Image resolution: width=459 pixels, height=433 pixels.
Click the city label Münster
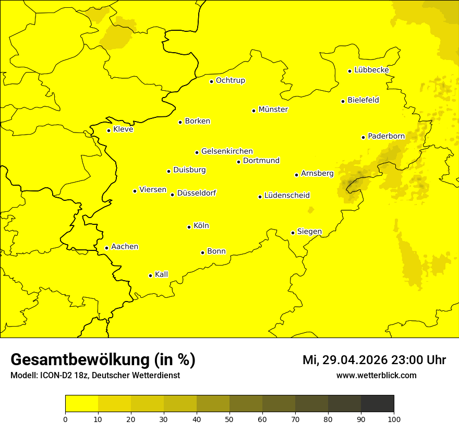click(x=273, y=110)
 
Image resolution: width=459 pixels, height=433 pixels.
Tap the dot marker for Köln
click(x=189, y=227)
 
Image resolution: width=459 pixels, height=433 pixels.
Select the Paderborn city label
click(x=386, y=136)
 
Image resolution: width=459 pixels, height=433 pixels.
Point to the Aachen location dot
click(x=107, y=248)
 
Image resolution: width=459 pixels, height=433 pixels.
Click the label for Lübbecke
click(x=371, y=70)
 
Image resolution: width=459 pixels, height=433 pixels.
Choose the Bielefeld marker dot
click(x=343, y=101)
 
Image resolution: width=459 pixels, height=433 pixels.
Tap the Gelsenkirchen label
click(x=227, y=151)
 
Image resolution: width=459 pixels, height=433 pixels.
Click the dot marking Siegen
click(x=293, y=233)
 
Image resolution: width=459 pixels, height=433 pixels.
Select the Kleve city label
click(x=123, y=129)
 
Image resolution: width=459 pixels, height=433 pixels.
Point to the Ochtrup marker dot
click(x=212, y=81)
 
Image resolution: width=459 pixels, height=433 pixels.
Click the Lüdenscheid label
click(x=287, y=196)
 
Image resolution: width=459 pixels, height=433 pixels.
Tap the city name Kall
click(x=161, y=274)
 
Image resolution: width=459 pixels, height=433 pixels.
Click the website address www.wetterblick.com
click(x=376, y=376)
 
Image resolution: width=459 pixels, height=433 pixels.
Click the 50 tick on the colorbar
click(x=229, y=418)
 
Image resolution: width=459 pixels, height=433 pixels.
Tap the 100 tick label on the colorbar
click(x=394, y=418)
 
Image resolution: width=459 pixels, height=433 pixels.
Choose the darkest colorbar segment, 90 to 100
click(x=377, y=403)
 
